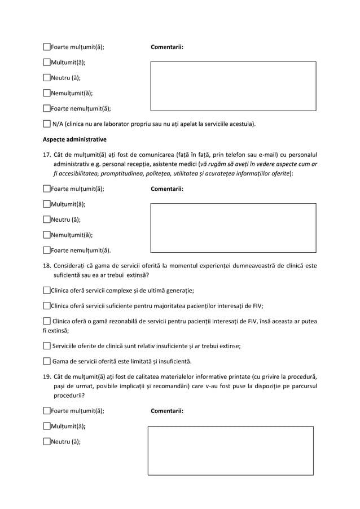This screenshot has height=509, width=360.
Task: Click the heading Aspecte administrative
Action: click(74, 138)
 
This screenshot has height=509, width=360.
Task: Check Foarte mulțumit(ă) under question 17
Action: click(47, 190)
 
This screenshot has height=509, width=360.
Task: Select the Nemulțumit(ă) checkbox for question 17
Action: click(47, 235)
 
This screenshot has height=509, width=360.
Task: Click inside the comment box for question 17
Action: click(233, 227)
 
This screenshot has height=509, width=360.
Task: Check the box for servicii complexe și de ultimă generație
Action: click(47, 291)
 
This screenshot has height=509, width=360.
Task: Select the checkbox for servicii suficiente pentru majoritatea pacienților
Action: click(47, 306)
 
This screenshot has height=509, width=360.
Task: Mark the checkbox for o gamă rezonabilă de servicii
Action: click(47, 321)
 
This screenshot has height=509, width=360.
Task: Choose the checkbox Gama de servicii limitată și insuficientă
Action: click(47, 361)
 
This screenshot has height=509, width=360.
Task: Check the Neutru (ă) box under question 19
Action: click(47, 442)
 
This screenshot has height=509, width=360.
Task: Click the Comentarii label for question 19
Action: click(167, 411)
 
